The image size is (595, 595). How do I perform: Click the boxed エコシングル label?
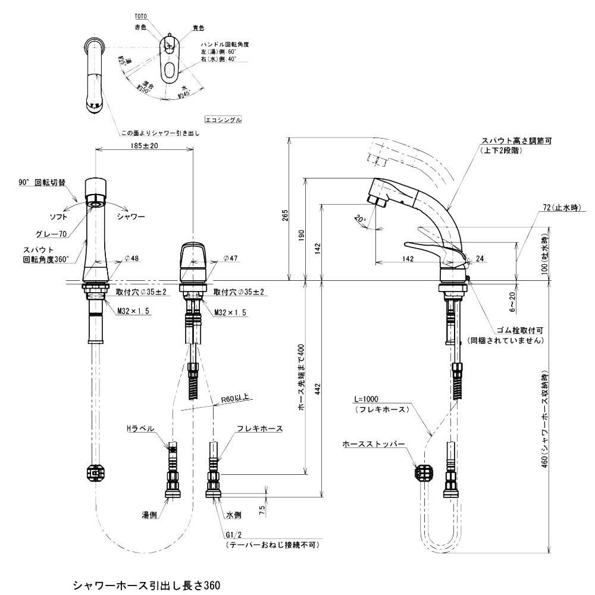click(223, 120)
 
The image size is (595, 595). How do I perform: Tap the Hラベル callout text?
click(140, 428)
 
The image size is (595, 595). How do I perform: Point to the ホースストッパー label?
click(374, 444)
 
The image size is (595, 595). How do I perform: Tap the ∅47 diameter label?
click(230, 259)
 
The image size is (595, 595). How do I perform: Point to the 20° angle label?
click(359, 219)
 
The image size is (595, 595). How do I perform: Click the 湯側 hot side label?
click(149, 516)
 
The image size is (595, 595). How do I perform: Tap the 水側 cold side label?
click(233, 516)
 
